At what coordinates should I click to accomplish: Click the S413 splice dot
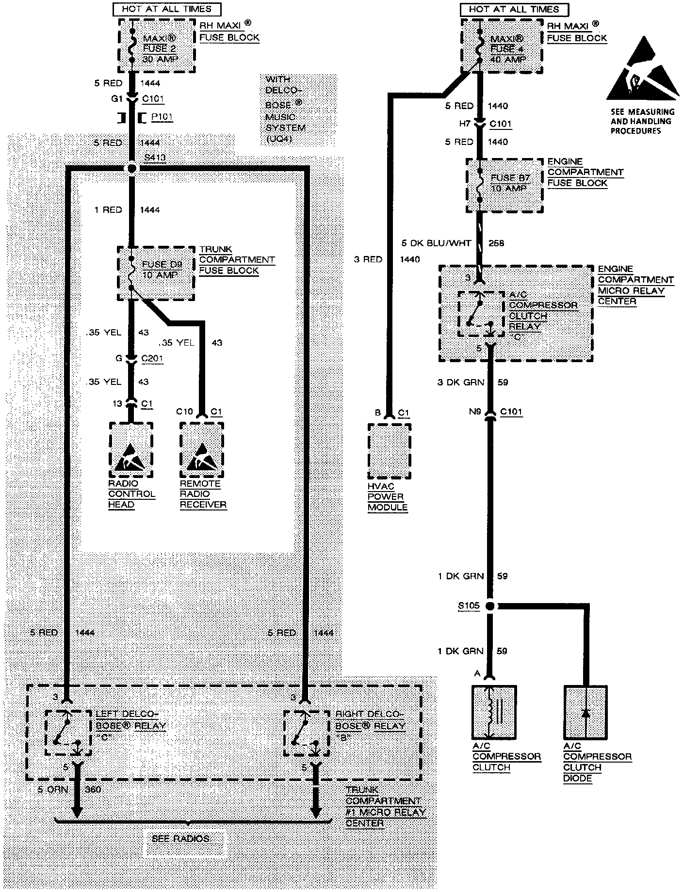[131, 168]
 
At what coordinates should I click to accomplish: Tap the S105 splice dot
[490, 605]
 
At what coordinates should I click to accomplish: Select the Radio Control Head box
[131, 450]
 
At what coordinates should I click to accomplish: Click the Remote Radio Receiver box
[202, 450]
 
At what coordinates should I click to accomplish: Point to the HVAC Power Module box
[389, 451]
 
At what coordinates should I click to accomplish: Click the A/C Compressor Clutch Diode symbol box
[585, 713]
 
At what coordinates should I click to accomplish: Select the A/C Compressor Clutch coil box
[494, 713]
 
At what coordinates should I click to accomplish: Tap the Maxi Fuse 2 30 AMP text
[160, 48]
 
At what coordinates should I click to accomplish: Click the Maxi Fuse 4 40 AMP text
[507, 49]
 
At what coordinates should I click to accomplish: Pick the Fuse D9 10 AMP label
[162, 270]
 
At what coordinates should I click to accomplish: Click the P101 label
[162, 117]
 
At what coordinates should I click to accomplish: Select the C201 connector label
[152, 359]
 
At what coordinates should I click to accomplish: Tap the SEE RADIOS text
[180, 838]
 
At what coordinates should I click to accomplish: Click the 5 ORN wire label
[53, 790]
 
